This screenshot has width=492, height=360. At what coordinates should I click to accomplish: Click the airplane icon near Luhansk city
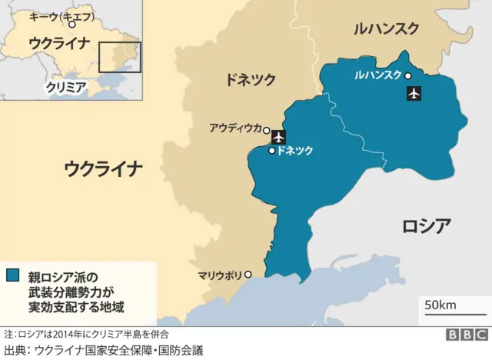coord(414,95)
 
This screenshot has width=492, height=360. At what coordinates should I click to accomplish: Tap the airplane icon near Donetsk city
coord(278,137)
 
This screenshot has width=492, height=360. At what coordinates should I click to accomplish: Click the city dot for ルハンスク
coord(407,75)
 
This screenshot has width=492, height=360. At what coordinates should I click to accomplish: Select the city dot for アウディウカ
coord(266,131)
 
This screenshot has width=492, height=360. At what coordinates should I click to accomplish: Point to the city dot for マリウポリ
coord(248,274)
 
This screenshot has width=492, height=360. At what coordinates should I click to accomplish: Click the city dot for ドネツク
coord(272,151)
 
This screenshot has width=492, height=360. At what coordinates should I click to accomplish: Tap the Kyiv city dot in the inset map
coord(72,25)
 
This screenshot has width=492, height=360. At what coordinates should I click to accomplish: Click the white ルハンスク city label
coord(377,75)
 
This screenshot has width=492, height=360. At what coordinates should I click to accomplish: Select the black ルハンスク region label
coord(386,29)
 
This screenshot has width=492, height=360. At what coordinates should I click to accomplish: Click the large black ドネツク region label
coord(250,78)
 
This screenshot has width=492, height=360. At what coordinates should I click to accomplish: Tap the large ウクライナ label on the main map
coord(104,168)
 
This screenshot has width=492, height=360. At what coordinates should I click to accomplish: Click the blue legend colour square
coord(13,275)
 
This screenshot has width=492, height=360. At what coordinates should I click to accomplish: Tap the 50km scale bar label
coord(440,305)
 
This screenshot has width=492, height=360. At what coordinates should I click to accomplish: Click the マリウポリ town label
coord(219,274)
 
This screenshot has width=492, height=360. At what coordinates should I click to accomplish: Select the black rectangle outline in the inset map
coord(120,58)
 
